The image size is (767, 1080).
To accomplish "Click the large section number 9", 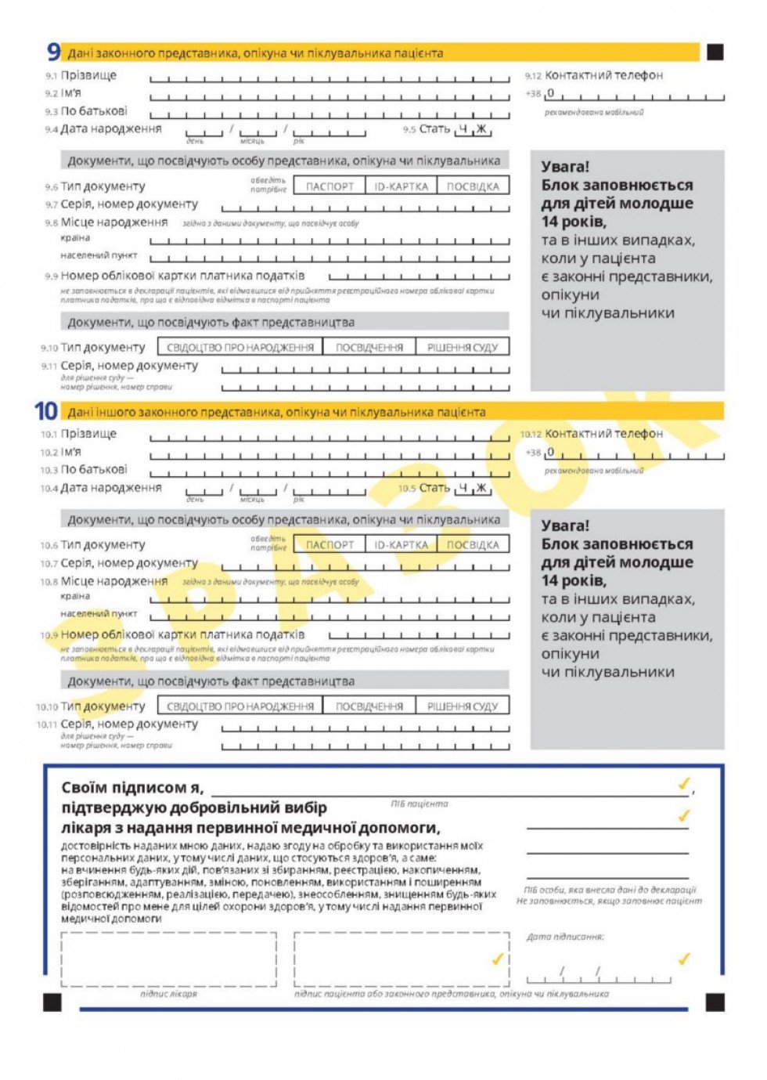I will click(53, 52).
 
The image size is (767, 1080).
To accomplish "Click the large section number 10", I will click(46, 411).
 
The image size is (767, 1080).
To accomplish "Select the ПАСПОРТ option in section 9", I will click(329, 186).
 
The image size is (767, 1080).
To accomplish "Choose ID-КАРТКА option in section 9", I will click(401, 186).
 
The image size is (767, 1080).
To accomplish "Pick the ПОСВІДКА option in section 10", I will click(473, 545).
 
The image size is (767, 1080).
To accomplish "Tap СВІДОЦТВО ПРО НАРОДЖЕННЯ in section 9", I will click(240, 348).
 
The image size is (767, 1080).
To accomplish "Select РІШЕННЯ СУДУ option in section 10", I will click(463, 706).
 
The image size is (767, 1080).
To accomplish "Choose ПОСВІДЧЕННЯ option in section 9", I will click(369, 348).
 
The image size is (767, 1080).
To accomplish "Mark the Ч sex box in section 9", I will click(463, 129).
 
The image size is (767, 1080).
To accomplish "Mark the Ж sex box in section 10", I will click(481, 488).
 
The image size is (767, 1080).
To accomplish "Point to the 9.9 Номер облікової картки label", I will click(182, 276).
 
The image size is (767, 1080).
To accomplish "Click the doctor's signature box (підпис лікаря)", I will click(168, 959).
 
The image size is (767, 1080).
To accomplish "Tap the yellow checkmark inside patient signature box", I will click(496, 959).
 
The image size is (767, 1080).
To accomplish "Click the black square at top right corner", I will click(715, 52).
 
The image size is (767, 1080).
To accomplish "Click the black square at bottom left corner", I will click(52, 1002).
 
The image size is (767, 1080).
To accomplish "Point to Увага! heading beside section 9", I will click(565, 167).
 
